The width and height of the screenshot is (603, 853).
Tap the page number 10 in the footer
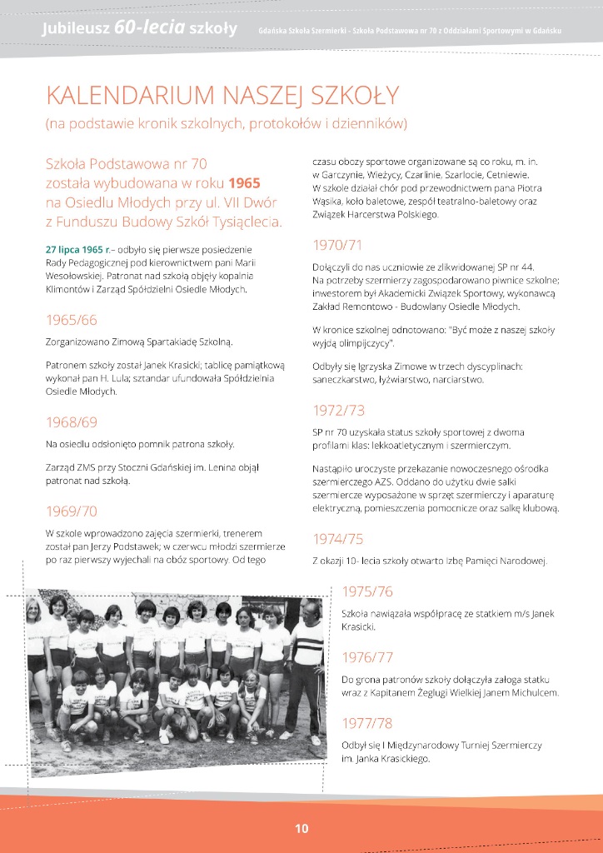click(301, 828)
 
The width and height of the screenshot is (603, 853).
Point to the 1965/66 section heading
click(72, 320)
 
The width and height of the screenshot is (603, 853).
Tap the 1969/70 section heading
click(72, 511)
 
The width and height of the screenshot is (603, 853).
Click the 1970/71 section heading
click(337, 245)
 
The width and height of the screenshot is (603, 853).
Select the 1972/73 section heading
click(338, 410)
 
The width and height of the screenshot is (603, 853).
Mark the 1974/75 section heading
click(338, 538)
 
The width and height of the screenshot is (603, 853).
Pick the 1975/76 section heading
click(367, 591)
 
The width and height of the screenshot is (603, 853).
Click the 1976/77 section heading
click(367, 657)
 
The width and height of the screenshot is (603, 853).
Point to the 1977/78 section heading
click(367, 722)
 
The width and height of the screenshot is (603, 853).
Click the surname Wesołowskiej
click(76, 276)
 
